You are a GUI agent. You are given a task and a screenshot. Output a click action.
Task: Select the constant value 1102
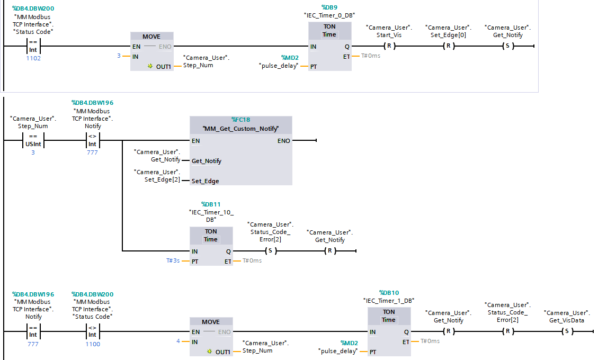tap(33, 58)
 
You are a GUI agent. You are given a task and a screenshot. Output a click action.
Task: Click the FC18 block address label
tap(240, 120)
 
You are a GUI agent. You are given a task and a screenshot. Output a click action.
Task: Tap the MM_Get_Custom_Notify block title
tap(240, 129)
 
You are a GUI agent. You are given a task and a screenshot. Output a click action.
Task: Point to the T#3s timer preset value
tap(174, 260)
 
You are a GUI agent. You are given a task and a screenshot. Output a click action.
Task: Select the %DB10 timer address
tap(389, 292)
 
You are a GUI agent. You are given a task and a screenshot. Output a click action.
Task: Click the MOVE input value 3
tap(119, 56)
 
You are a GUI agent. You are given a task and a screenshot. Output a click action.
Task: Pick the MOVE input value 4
tap(178, 341)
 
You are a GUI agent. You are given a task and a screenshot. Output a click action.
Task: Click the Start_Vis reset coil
tap(389, 46)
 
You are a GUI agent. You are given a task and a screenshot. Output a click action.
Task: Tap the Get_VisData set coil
tap(566, 331)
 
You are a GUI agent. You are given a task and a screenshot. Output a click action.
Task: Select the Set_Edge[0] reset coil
tap(448, 46)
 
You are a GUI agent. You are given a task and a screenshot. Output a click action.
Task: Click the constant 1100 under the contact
tap(92, 344)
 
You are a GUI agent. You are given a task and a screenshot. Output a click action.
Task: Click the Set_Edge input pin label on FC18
tap(206, 181)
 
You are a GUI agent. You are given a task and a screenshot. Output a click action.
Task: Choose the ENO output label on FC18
tap(284, 141)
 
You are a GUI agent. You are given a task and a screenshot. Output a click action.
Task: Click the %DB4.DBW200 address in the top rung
tap(33, 8)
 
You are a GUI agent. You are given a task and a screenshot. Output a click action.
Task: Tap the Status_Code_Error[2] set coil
tap(270, 251)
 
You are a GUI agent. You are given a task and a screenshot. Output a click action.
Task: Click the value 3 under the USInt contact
tap(33, 152)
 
